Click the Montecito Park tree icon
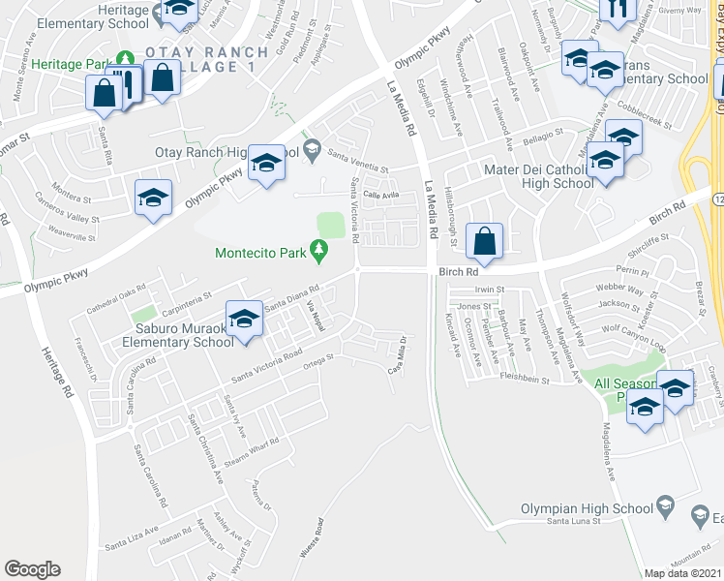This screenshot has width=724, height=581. point(319,253)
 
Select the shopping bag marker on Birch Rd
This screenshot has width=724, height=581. point(484,241)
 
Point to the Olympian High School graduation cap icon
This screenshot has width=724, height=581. point(665,505)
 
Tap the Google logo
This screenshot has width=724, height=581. point(32,568)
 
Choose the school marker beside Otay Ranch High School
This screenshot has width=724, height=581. point(265,164)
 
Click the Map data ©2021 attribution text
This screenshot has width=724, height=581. point(683,573)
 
